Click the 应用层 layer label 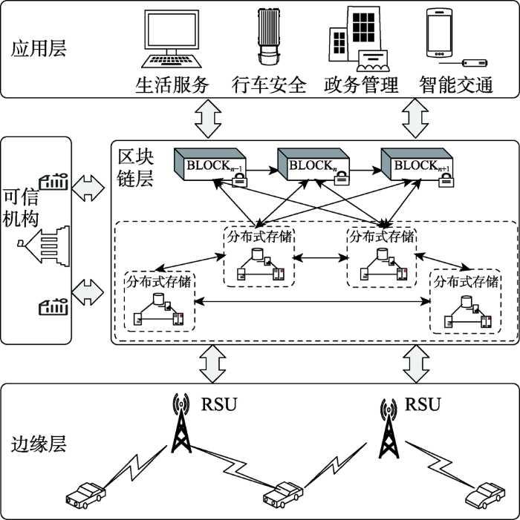point(39,50)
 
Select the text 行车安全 point(269,85)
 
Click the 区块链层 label point(136,168)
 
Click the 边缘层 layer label point(39,444)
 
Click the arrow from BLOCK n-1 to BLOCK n point(262,171)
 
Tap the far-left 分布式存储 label point(159,282)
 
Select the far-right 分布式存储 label point(466,282)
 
